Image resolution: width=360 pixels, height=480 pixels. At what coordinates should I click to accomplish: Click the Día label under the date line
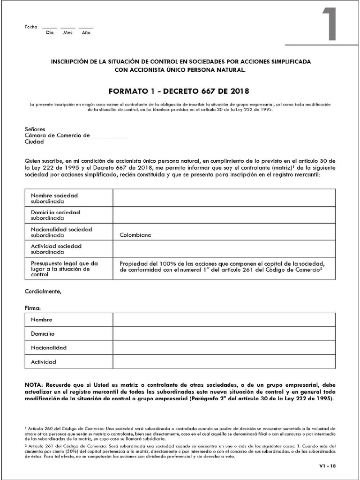coord(50,33)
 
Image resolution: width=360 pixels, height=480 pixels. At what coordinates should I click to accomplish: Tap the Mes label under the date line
coord(68,33)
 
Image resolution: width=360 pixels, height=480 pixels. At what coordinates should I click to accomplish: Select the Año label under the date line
coord(86,33)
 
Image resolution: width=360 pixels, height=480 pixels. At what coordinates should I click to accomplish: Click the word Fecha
coord(30,27)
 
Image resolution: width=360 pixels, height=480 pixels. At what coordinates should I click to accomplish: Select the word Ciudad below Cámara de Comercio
coord(34,142)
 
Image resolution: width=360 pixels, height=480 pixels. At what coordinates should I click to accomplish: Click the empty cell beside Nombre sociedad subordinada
coord(224,197)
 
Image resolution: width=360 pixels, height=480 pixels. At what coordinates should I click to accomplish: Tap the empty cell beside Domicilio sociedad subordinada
coord(224,215)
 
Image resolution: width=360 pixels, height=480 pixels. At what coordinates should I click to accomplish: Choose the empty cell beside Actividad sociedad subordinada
coord(224,249)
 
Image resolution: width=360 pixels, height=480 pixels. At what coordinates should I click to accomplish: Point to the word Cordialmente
coord(43,292)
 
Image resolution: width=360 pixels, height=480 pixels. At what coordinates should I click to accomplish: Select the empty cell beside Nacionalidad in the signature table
coord(224,348)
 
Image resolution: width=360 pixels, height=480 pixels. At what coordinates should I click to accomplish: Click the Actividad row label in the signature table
coord(43,362)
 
